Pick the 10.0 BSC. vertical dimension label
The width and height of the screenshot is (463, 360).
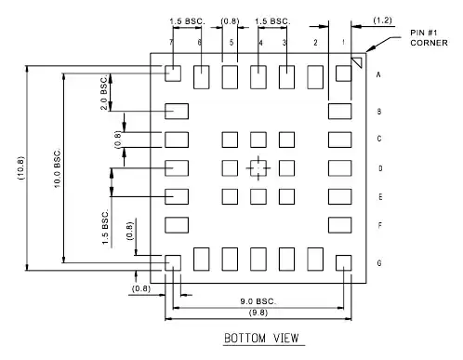(x=57, y=167)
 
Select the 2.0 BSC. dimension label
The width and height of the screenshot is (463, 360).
(x=104, y=94)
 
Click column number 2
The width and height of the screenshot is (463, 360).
(x=316, y=44)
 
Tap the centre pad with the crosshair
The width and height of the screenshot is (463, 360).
(x=258, y=168)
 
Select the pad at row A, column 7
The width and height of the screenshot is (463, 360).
(x=172, y=73)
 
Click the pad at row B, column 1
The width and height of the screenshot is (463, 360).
(x=340, y=112)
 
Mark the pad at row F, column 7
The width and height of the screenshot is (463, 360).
(x=177, y=225)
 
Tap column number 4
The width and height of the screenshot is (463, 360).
(x=259, y=44)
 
